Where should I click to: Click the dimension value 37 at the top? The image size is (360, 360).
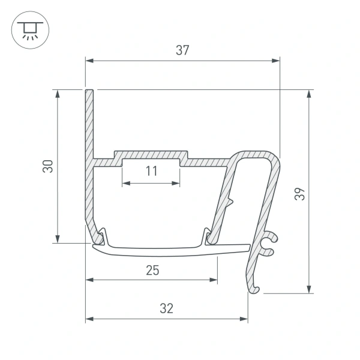[182, 50]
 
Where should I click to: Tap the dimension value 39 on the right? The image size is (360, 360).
[300, 193]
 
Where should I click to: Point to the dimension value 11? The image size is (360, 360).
[151, 171]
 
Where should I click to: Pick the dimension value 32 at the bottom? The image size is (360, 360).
[167, 308]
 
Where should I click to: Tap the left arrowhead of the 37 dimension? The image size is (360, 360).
[90, 61]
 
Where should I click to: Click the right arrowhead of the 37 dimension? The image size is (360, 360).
[276, 61]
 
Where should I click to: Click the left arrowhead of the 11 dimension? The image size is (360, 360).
[126, 183]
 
